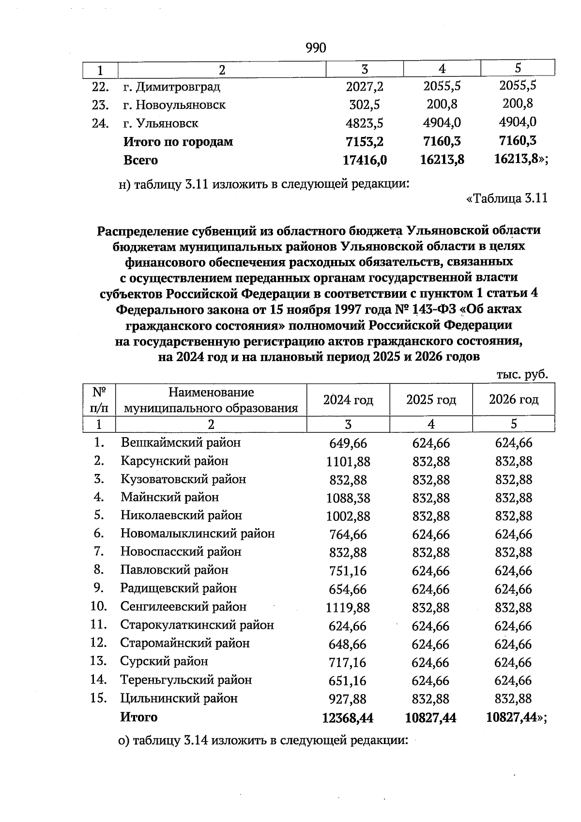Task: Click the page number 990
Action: tap(316, 48)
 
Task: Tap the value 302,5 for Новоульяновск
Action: tap(364, 105)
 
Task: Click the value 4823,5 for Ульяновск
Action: tap(364, 123)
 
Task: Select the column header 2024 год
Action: tap(348, 400)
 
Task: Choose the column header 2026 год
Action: tap(513, 400)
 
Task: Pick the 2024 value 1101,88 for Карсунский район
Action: tap(348, 462)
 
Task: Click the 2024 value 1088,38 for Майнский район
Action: tap(348, 498)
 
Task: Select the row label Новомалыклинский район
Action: tap(197, 533)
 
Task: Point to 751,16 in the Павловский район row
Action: tap(348, 571)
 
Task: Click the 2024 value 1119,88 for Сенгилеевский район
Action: tap(348, 608)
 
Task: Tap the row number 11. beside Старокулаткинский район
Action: tap(98, 625)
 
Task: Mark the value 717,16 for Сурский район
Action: tap(348, 662)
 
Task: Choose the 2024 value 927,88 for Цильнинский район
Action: tap(348, 699)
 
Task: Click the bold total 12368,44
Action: tap(348, 718)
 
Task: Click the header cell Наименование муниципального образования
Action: tap(211, 400)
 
